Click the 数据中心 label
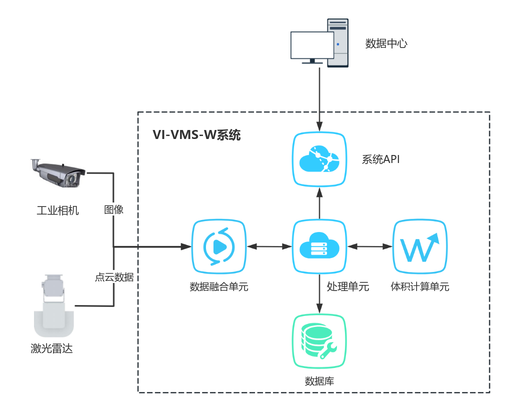(386, 43)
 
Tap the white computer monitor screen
(312, 45)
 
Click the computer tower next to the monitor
(338, 42)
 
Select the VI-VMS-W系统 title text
(196, 135)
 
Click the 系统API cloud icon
(319, 159)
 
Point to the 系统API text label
(380, 159)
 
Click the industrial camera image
(57, 173)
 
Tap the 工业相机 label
(57, 210)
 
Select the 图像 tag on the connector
(113, 209)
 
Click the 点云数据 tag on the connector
(114, 277)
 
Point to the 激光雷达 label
(51, 348)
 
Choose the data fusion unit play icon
(219, 246)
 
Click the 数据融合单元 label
(219, 287)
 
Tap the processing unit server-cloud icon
(319, 246)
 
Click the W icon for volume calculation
(419, 246)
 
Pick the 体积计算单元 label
(419, 287)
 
